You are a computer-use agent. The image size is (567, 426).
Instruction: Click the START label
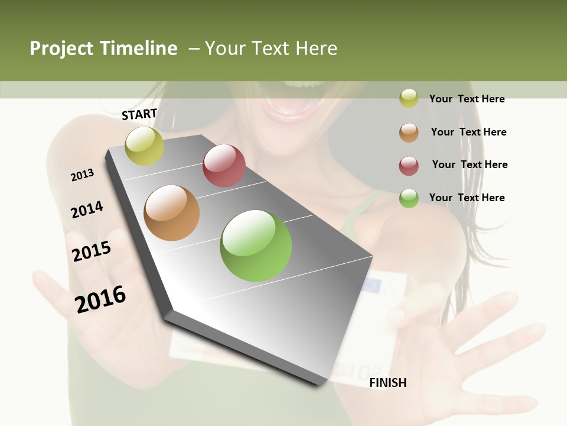pyautogui.click(x=139, y=114)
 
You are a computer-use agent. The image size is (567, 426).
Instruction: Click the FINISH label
pyautogui.click(x=387, y=383)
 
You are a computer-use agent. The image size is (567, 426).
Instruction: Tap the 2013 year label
pyautogui.click(x=83, y=175)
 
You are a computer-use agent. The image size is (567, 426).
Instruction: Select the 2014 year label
pyautogui.click(x=87, y=209)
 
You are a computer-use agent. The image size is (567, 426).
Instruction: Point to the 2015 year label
pyautogui.click(x=92, y=251)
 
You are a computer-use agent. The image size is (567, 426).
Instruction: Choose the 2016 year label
pyautogui.click(x=100, y=299)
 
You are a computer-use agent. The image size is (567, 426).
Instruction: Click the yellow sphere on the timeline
pyautogui.click(x=144, y=146)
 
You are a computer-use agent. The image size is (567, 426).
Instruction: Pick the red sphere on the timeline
pyautogui.click(x=224, y=166)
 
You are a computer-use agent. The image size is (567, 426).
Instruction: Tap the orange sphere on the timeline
pyautogui.click(x=171, y=213)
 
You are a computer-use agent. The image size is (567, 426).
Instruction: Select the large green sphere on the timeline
pyautogui.click(x=256, y=246)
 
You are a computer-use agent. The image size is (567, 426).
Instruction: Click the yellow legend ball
pyautogui.click(x=409, y=98)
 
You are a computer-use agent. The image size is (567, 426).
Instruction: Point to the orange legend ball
pyautogui.click(x=409, y=133)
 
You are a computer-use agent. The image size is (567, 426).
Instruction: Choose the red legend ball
pyautogui.click(x=409, y=166)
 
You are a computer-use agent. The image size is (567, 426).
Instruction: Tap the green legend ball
pyautogui.click(x=409, y=198)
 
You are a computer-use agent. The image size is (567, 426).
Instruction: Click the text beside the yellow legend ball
pyautogui.click(x=467, y=99)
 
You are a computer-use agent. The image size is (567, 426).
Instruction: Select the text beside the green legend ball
pyautogui.click(x=467, y=198)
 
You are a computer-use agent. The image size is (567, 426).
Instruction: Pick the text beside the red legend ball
pyautogui.click(x=470, y=164)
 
